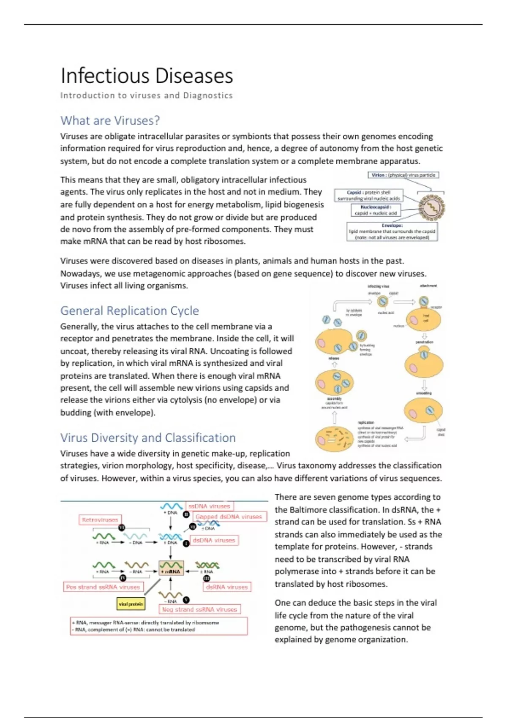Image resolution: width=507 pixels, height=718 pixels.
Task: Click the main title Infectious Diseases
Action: tap(147, 76)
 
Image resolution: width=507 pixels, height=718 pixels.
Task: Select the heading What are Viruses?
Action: tap(110, 121)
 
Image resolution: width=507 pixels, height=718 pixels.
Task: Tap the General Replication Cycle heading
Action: tap(129, 311)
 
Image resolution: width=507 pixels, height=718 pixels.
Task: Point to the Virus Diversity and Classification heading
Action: tap(148, 438)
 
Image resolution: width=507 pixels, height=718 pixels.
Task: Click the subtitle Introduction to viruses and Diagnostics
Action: tap(146, 96)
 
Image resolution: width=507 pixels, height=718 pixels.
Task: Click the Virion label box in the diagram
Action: tap(403, 175)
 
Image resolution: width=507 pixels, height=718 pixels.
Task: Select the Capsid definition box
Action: tap(368, 196)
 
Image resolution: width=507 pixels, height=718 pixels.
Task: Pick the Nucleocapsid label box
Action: tap(376, 210)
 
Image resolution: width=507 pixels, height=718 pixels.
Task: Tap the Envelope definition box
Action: tap(392, 232)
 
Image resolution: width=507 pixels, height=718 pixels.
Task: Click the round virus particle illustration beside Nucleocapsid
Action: tap(431, 207)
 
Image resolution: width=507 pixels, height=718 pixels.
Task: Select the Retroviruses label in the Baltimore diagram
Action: tap(100, 520)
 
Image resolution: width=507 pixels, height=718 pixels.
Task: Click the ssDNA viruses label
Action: tap(210, 506)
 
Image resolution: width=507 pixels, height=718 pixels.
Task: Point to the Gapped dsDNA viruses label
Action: tap(229, 517)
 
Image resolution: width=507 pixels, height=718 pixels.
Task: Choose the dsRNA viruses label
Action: tap(227, 587)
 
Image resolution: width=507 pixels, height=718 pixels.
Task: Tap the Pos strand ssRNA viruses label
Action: tap(103, 587)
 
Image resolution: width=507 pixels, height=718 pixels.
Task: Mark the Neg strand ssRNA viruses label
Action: tap(199, 609)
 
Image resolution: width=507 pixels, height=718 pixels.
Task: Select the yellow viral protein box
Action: tap(131, 604)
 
